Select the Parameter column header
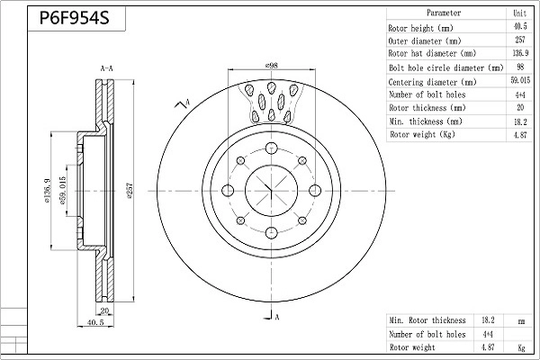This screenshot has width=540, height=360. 444,13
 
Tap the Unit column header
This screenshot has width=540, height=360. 519,13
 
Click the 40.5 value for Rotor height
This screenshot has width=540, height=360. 519,27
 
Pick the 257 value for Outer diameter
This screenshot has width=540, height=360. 519,40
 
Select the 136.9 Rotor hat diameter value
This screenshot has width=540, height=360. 519,54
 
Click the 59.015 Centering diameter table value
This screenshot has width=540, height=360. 519,81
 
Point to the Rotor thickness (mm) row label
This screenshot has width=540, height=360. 427,107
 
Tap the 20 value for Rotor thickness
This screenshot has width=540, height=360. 519,107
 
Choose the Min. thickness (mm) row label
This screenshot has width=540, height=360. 426,121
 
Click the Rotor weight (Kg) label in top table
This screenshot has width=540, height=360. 422,134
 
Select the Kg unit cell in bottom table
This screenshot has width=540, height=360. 519,346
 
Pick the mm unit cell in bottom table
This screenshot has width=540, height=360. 519,319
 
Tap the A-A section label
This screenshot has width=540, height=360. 105,68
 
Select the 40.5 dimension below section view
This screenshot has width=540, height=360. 96,320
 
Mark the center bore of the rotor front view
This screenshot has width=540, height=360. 271,190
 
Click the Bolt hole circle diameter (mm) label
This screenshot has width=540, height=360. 445,67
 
